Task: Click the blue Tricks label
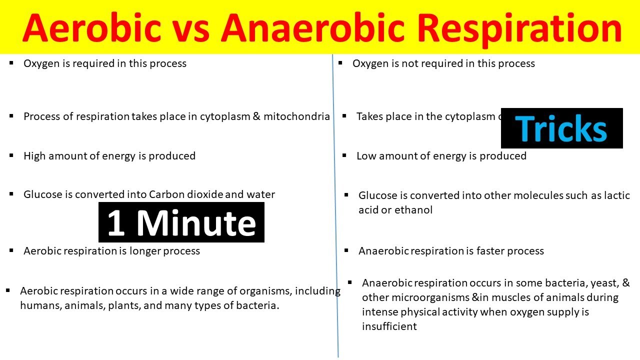click(561, 128)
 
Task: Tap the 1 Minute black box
click(181, 222)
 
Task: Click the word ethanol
click(413, 210)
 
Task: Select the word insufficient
click(389, 326)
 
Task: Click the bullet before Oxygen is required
click(11, 63)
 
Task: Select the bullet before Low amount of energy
click(344, 155)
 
